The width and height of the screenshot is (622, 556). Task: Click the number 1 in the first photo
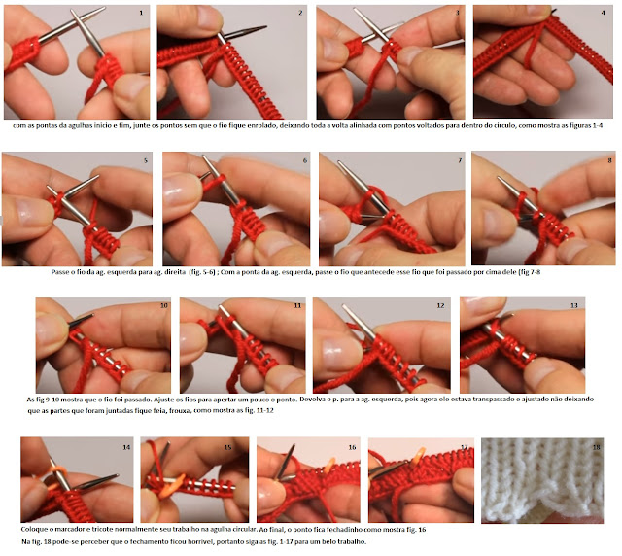coord(141,13)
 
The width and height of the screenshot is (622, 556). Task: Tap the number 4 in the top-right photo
coord(603,13)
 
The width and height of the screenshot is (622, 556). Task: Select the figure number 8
coord(609,160)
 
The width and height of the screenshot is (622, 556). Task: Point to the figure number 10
coord(164,305)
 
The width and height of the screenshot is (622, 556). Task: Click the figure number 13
coord(573,305)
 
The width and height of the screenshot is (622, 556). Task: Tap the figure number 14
coord(126,447)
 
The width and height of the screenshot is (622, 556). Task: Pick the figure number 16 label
coord(352,447)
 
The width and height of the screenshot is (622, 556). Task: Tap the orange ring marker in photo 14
coord(57,472)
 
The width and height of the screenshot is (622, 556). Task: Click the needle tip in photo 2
coord(265,27)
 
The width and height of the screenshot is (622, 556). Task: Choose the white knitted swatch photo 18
coord(542,480)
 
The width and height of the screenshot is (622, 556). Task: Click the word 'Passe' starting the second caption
coord(59,272)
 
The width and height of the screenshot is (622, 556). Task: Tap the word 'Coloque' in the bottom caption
coord(32,530)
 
